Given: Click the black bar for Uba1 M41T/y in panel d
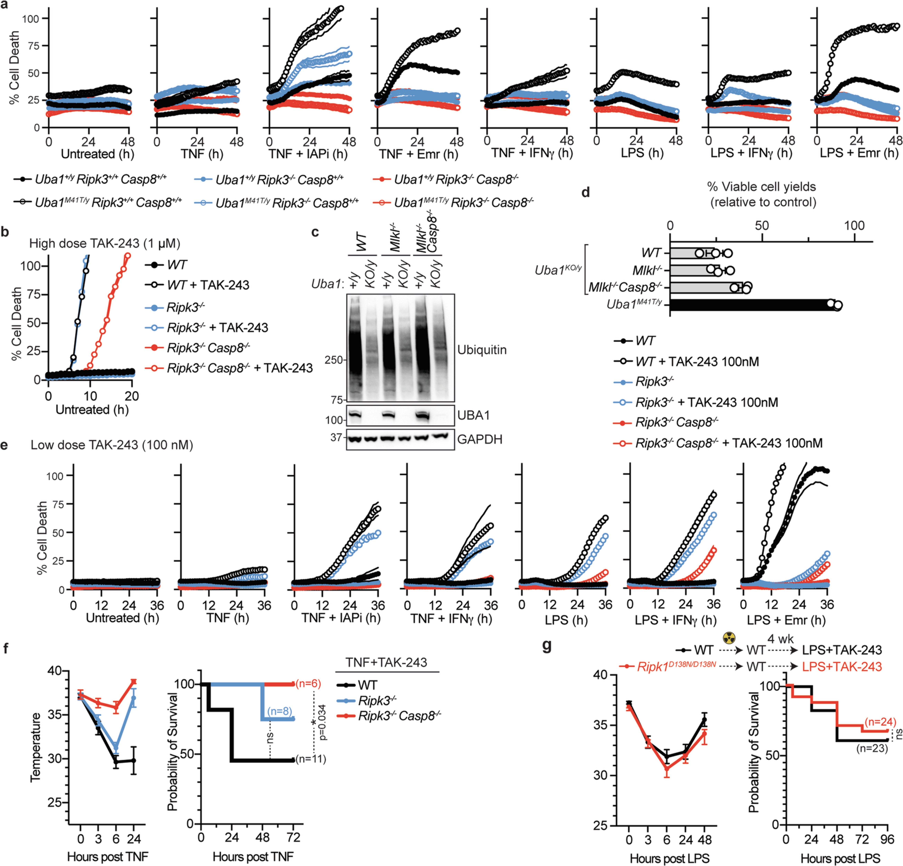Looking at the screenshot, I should click(751, 305).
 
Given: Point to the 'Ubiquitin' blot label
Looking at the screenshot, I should click(482, 350).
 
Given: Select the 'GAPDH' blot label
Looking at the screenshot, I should click(480, 439).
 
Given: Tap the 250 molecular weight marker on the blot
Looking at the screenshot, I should click(334, 360).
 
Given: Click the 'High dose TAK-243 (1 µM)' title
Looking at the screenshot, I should click(105, 243).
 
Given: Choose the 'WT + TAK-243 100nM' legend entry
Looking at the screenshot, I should click(697, 362).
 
